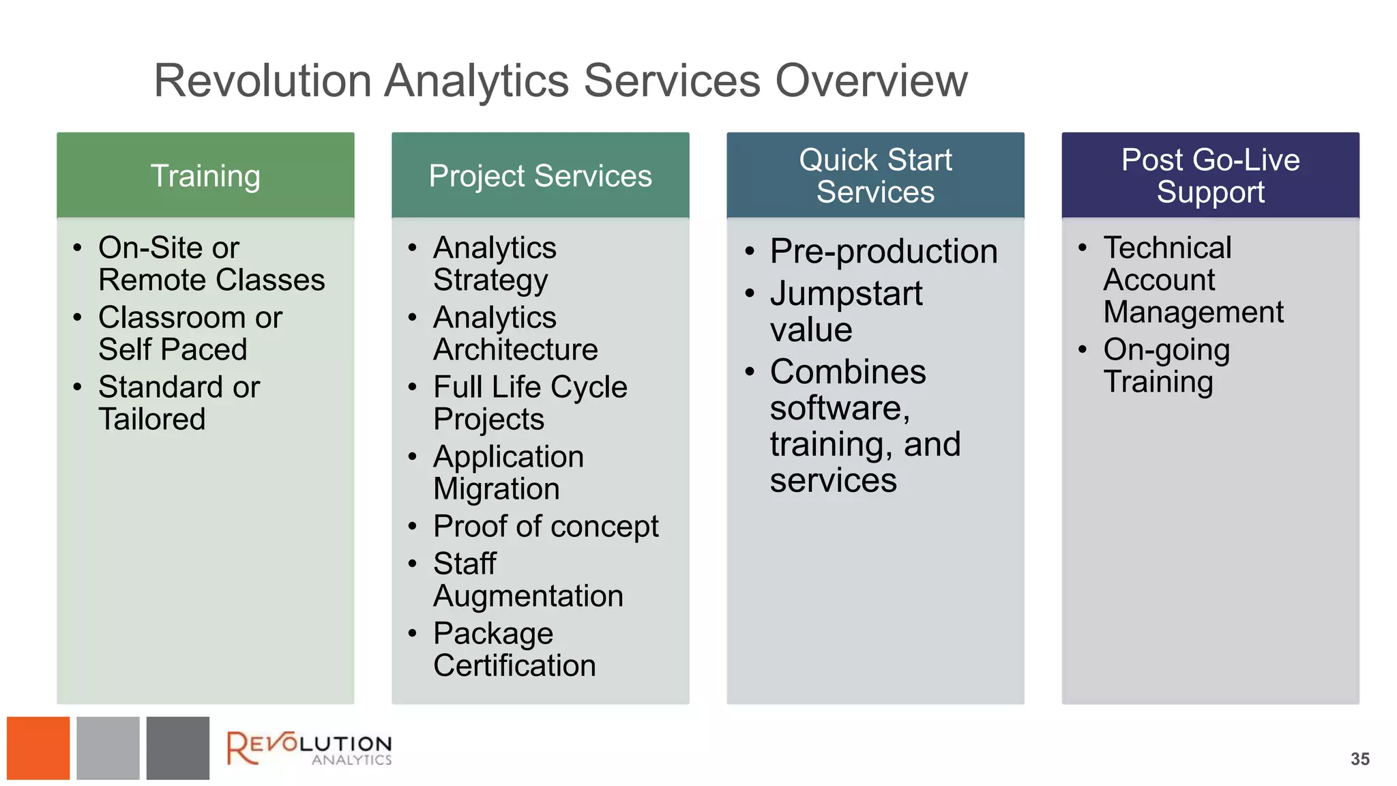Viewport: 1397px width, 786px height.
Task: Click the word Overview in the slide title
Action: coord(871,81)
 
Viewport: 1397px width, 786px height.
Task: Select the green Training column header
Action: coord(205,175)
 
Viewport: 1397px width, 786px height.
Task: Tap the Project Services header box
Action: coord(540,175)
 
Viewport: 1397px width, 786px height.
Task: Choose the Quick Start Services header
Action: coord(875,175)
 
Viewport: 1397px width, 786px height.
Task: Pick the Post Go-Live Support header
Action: coord(1210,175)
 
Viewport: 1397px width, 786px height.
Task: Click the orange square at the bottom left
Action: coord(38,748)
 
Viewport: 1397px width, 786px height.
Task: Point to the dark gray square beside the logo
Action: coord(177,748)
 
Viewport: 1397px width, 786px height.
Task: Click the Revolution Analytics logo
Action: coord(309,748)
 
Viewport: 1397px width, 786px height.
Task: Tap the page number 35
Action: coord(1359,759)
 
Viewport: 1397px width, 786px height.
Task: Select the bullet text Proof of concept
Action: coord(546,526)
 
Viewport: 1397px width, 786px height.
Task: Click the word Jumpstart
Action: coord(846,293)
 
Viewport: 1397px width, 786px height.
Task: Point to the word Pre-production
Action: coord(883,251)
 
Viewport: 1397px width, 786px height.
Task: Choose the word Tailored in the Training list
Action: coord(151,419)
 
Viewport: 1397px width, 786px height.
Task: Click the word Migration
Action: coord(497,489)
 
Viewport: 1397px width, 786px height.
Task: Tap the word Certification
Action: coord(514,665)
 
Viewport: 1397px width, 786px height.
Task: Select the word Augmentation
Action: coord(528,596)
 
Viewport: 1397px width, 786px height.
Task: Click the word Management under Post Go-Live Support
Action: coord(1193,312)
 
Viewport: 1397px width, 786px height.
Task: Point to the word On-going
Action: coord(1166,349)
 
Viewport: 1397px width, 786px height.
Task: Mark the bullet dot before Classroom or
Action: coord(77,317)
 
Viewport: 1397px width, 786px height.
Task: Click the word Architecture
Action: coord(515,349)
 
